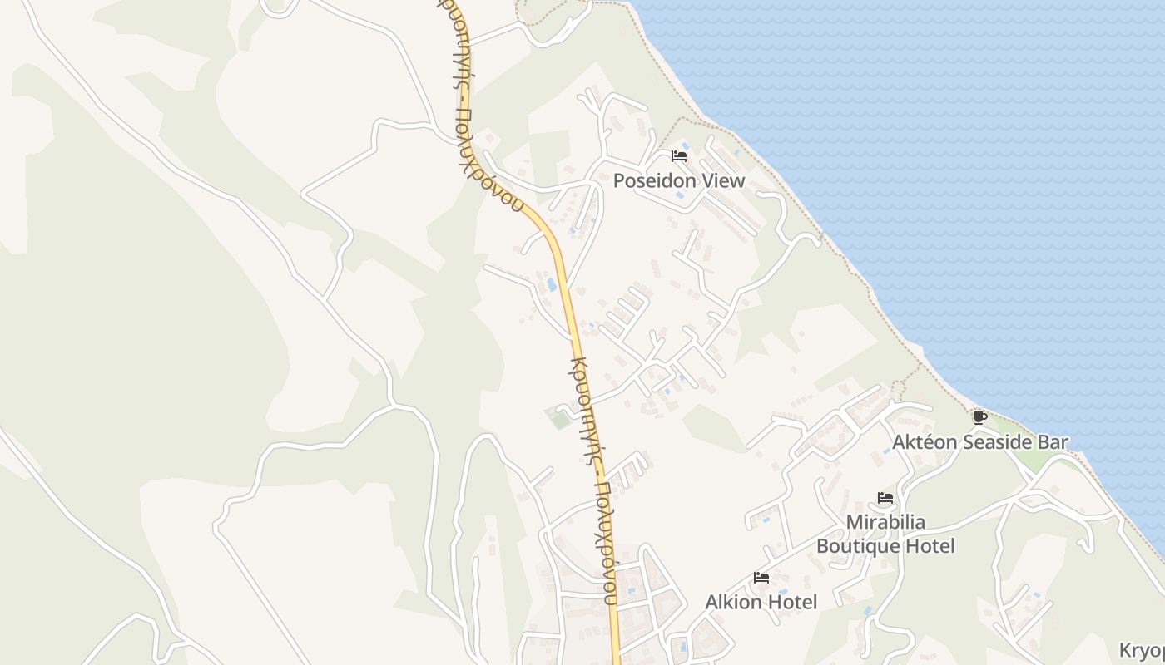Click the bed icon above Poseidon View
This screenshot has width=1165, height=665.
pos(679,155)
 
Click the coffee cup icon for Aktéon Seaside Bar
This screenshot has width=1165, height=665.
pos(979,416)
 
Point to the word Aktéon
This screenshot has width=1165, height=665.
pos(925,442)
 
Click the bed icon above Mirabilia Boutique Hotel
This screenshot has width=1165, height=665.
pos(885,498)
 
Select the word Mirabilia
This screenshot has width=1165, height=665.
pos(885,523)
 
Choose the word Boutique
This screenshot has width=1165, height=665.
pos(858,546)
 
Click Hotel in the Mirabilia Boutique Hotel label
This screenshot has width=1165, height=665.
pos(930,546)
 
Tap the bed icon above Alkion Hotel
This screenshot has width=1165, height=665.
pos(761,577)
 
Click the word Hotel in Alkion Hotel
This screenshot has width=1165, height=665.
pos(793,602)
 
